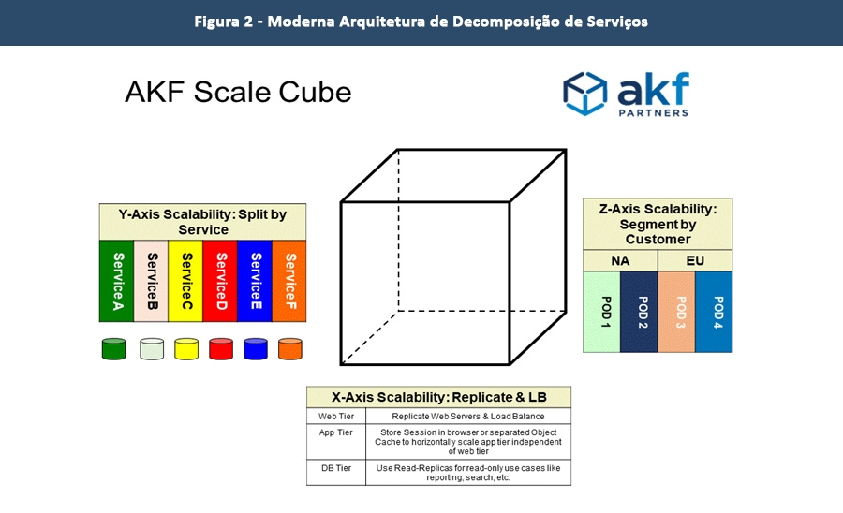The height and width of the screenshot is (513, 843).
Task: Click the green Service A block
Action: point(117,281)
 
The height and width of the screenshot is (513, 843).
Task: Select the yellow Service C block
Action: point(186,281)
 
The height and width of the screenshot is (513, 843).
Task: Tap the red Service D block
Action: point(220,281)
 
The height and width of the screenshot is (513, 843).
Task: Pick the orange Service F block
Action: point(289,281)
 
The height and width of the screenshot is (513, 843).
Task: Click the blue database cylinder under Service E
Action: point(256,349)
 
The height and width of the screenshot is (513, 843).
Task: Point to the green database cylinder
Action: point(113,349)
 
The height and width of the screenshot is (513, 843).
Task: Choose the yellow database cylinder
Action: point(186,349)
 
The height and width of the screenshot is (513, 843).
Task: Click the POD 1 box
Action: point(601,312)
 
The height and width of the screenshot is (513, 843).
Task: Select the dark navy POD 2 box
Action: point(640,312)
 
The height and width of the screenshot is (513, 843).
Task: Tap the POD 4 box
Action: point(714,312)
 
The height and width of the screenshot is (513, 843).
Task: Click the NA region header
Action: point(620,260)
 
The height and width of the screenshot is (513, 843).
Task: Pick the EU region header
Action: point(695,260)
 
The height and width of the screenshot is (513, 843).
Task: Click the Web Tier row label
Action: point(335,416)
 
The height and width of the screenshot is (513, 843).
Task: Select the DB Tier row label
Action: point(335,468)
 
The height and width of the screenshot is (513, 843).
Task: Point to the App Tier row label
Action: point(335,432)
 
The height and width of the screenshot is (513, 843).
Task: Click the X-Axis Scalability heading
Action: point(438,397)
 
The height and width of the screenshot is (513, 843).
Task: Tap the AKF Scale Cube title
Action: point(238,92)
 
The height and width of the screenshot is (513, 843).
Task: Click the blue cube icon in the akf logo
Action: point(584,94)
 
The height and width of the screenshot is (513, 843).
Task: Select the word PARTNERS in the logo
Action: point(653,112)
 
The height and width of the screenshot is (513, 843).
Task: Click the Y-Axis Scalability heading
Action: point(202,222)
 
